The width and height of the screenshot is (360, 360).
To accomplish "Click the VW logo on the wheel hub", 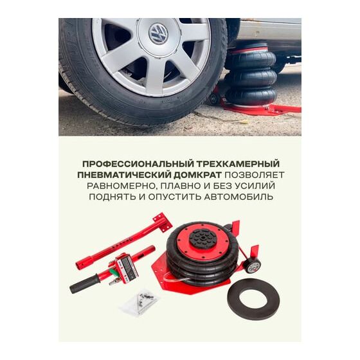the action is pyautogui.click(x=158, y=34).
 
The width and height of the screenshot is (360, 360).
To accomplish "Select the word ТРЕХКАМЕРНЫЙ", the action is pyautogui.click(x=238, y=164).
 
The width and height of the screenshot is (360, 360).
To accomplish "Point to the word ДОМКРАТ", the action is pyautogui.click(x=197, y=175).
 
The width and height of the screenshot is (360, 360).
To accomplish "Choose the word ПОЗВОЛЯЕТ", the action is pyautogui.click(x=255, y=175).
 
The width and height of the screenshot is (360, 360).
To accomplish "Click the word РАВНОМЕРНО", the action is pyautogui.click(x=122, y=186).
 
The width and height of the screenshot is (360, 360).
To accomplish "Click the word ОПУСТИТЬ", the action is pyautogui.click(x=174, y=197).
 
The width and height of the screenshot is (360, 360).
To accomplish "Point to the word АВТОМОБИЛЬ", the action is pyautogui.click(x=239, y=197).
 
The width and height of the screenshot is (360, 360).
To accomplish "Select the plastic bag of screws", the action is pyautogui.click(x=140, y=302).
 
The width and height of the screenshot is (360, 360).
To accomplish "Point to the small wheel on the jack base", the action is pyautogui.click(x=252, y=266).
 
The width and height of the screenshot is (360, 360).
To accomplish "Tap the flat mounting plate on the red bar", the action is pyautogui.click(x=163, y=222).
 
